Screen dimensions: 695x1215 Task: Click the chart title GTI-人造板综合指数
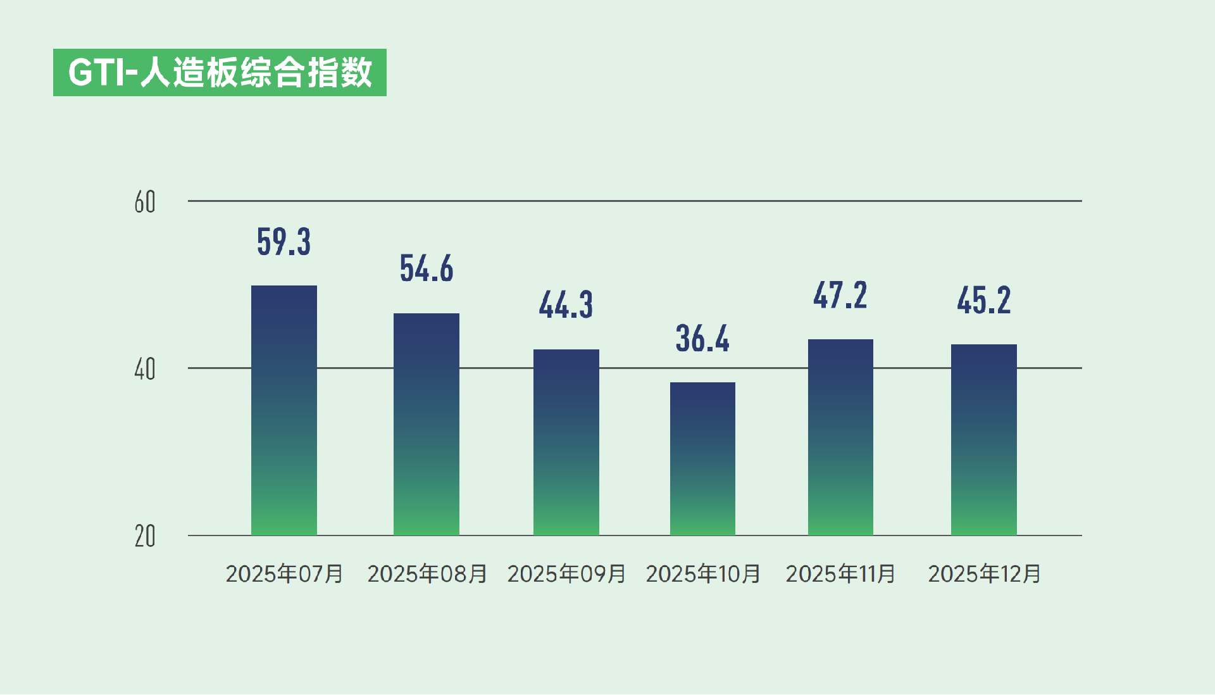click(220, 72)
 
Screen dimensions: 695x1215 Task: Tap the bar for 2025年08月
click(426, 424)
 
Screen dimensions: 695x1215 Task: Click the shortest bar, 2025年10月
click(702, 458)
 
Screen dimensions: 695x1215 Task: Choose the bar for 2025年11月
click(840, 437)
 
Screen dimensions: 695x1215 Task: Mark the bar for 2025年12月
click(983, 439)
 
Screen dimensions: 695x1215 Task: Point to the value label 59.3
click(283, 242)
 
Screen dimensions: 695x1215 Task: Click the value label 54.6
click(426, 268)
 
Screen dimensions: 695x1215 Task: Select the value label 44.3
click(566, 305)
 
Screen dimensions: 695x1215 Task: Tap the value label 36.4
click(702, 339)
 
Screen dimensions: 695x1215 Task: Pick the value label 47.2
click(840, 296)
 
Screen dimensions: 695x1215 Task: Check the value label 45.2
click(983, 301)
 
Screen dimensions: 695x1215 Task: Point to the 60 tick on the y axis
click(145, 203)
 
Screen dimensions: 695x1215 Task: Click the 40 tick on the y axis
click(145, 370)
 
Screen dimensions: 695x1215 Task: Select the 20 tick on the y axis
click(145, 537)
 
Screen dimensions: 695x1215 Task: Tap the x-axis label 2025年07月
click(284, 574)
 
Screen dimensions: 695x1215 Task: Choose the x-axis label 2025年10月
click(703, 574)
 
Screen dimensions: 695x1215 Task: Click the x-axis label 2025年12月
click(984, 574)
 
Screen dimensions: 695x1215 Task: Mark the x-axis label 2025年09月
click(566, 574)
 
